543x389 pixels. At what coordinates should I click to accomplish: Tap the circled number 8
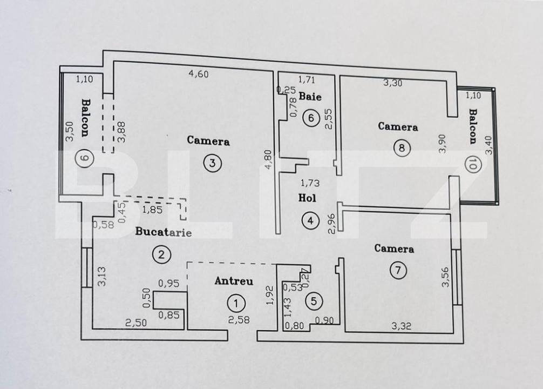tap(401, 147)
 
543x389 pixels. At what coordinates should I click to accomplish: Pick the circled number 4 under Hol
tap(310, 220)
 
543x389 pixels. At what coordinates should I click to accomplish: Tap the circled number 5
tap(314, 301)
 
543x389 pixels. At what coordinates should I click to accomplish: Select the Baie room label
tap(310, 97)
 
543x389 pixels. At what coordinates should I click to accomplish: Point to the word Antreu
tap(234, 281)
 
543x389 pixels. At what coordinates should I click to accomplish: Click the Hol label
tap(307, 198)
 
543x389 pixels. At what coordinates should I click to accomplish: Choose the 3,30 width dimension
tap(393, 83)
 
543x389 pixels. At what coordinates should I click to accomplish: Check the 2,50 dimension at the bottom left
tap(135, 323)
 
